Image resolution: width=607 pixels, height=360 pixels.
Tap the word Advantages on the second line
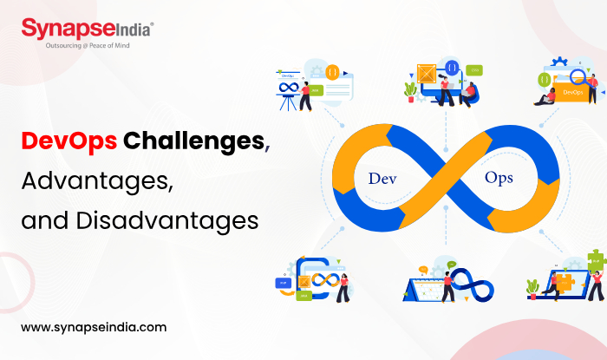click(x=95, y=181)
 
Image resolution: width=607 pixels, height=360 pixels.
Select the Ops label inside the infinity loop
click(x=499, y=179)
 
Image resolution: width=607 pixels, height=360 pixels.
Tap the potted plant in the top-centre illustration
click(x=410, y=89)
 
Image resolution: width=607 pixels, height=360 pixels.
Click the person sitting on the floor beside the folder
click(x=547, y=94)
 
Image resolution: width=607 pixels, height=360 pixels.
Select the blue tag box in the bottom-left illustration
click(x=284, y=283)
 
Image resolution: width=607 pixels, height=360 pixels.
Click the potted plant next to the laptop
click(x=532, y=287)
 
